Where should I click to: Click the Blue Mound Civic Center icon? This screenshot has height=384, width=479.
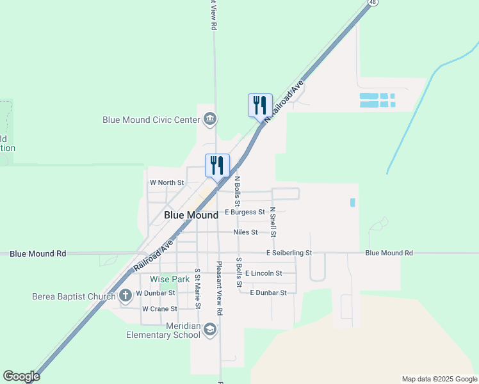click(210, 119)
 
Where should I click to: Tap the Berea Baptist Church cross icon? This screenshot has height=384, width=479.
click(126, 296)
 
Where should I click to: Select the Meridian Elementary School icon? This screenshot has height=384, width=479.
click(210, 330)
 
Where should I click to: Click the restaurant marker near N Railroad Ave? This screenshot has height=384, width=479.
click(260, 105)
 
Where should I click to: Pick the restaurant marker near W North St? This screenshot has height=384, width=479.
click(217, 165)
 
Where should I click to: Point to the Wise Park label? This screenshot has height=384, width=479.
click(170, 280)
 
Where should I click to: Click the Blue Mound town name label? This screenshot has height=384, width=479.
click(191, 216)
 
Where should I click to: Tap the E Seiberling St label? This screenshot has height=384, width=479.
click(289, 253)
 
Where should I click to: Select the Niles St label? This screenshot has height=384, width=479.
click(245, 232)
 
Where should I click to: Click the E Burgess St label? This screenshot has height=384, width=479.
click(245, 212)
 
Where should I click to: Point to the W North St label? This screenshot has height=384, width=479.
click(166, 183)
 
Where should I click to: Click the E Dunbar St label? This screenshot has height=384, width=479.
click(268, 293)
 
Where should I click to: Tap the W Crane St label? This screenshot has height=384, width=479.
click(159, 308)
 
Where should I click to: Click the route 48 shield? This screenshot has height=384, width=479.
click(372, 3)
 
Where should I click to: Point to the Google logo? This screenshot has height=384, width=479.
click(21, 376)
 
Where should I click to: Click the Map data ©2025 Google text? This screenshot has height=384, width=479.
click(439, 379)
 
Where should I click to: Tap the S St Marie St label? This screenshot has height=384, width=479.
click(198, 288)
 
